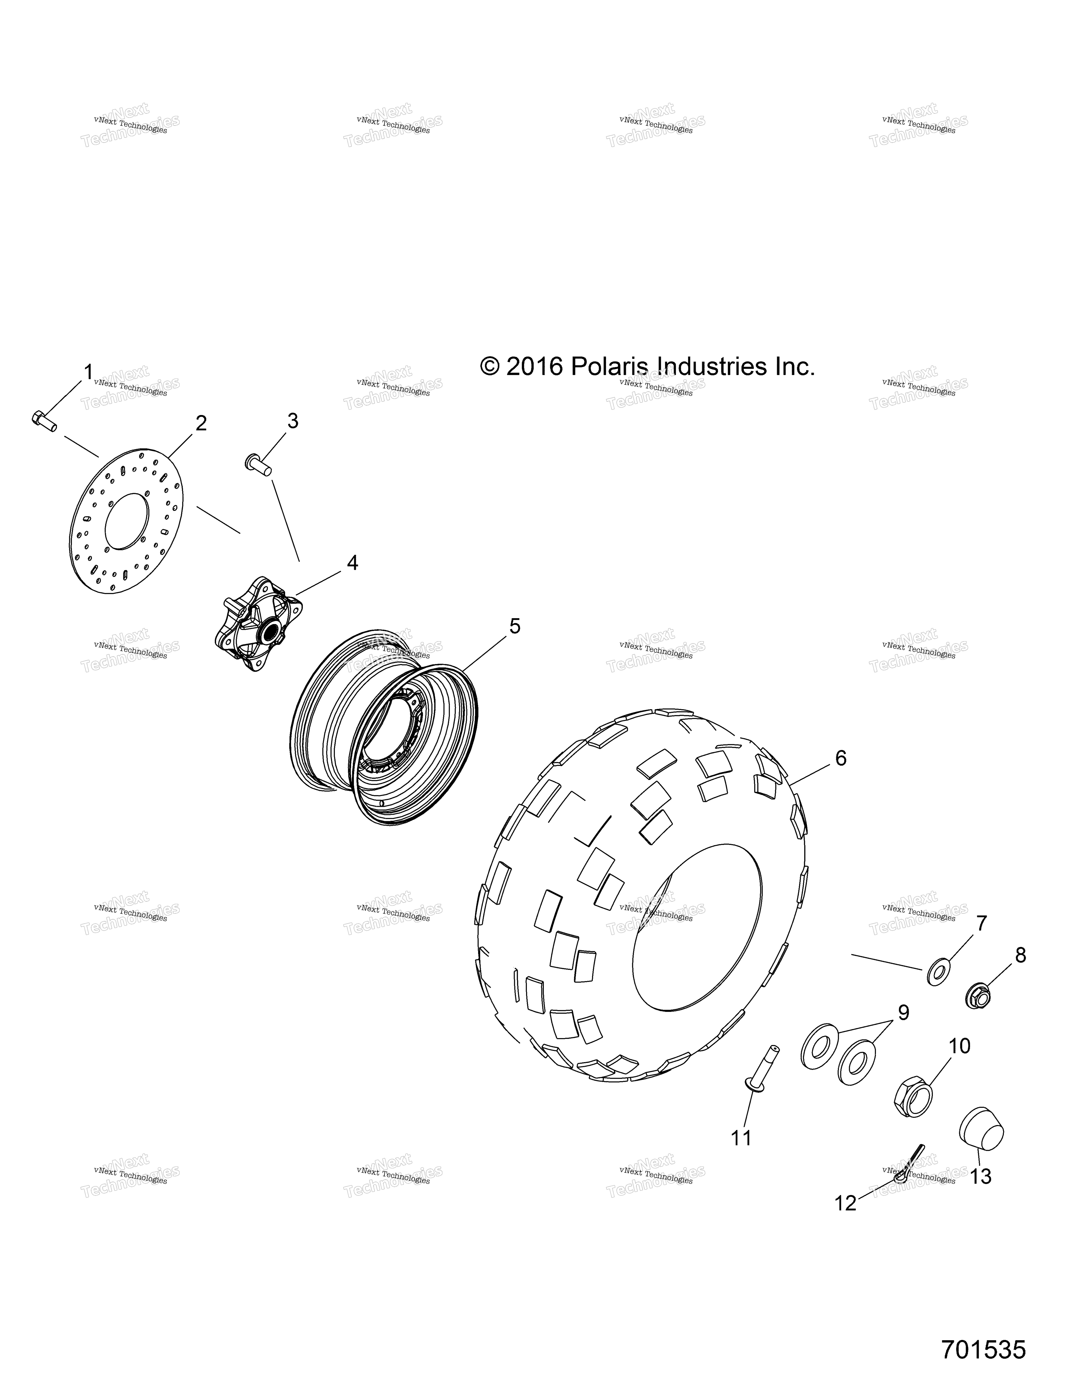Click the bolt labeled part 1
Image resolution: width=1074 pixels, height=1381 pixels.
(x=44, y=420)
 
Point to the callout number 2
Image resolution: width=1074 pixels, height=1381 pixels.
(x=201, y=423)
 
